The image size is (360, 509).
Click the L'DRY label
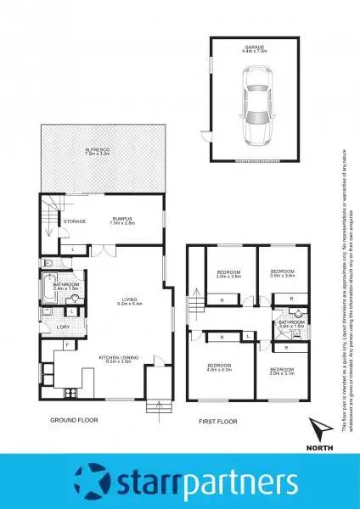(x=62, y=326)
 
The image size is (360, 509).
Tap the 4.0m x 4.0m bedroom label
(x=220, y=367)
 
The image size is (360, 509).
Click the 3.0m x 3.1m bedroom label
(x=283, y=371)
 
